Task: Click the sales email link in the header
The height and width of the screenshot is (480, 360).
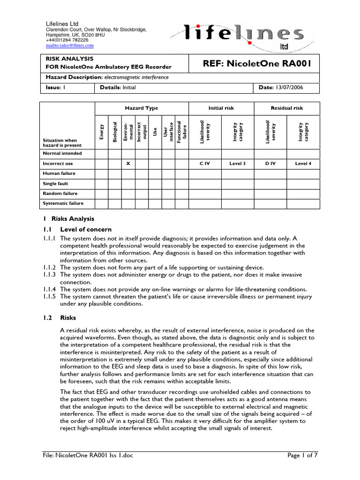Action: coord(69,45)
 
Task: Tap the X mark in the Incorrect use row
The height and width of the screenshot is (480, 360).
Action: coord(128,164)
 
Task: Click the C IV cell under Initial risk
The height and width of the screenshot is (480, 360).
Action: coord(204,164)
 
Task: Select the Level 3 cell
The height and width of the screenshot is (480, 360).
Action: coord(237,164)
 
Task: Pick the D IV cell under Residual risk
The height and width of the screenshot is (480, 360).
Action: coord(270,164)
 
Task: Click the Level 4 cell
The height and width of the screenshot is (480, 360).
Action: coord(303,164)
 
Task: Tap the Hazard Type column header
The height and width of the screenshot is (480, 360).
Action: coord(142,108)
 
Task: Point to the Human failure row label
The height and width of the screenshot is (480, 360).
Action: coord(59,173)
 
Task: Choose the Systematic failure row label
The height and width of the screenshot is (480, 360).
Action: coord(63,203)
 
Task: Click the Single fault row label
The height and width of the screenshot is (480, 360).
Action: coord(56,183)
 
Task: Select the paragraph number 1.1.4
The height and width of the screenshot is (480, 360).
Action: coord(50,289)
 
